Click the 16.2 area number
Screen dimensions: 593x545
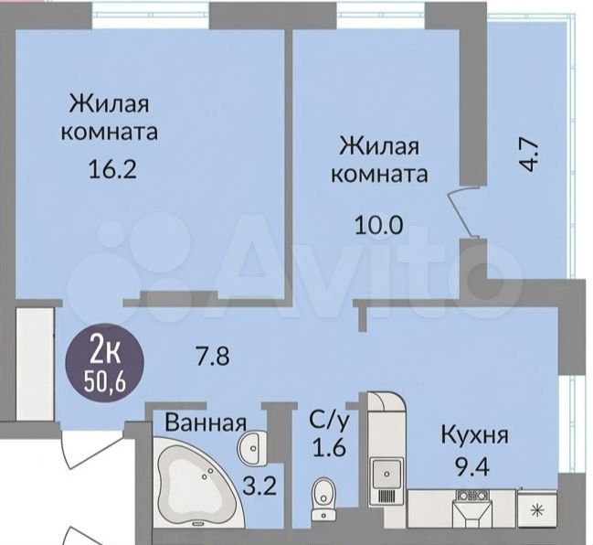(111, 169)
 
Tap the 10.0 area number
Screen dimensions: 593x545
(378, 226)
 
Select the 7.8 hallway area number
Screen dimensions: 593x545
(212, 356)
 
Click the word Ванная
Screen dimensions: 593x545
(206, 422)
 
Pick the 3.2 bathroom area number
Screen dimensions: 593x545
(259, 486)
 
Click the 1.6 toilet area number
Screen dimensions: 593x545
(329, 448)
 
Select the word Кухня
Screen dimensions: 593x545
(475, 435)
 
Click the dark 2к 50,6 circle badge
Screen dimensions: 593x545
(105, 363)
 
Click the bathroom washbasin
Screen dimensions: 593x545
(251, 447)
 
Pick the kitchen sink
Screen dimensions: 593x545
(387, 473)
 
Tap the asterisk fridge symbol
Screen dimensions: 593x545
(536, 511)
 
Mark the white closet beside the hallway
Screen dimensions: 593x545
(35, 364)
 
